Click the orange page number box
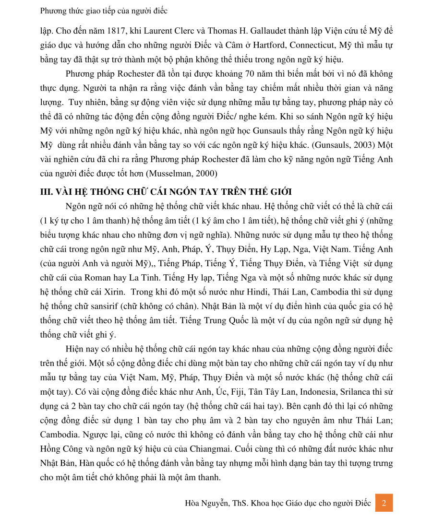click(384, 503)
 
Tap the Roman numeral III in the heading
click(46, 192)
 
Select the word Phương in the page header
click(54, 10)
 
